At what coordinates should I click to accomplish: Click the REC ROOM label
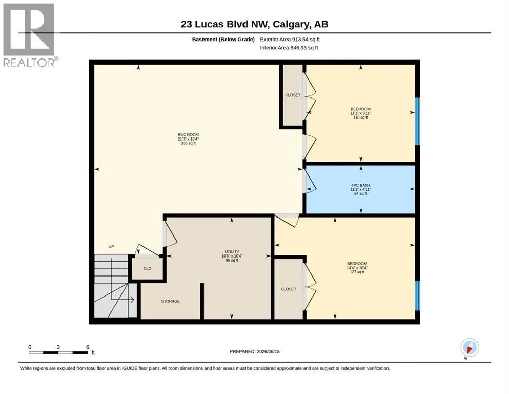coord(188,135)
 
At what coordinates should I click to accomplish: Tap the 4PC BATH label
coord(360,185)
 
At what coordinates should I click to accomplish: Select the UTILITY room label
coord(232,252)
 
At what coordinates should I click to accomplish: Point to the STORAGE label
coord(170,301)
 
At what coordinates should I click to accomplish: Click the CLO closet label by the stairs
coord(148,269)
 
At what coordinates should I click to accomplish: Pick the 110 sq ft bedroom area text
coord(360,117)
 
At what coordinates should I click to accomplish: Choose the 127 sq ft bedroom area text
coord(357,272)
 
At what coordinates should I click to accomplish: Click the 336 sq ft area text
coord(188,143)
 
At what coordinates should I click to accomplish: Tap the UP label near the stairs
coord(111,247)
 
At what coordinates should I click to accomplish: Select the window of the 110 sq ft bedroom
coord(417,121)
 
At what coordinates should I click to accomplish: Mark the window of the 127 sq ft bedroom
coord(417,295)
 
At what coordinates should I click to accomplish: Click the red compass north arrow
coord(469,349)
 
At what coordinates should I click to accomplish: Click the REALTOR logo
coord(29,35)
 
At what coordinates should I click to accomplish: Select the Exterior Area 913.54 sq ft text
coord(290,40)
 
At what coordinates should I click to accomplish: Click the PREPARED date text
coord(254,351)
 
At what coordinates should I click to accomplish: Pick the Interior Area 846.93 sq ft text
coord(289,48)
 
